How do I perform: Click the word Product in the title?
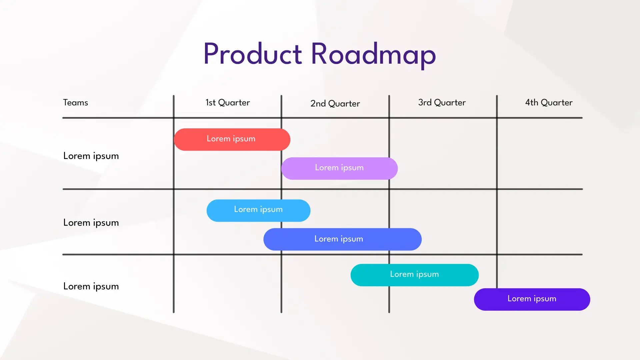[252, 54]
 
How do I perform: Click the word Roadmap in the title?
[373, 54]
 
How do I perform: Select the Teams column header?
[76, 103]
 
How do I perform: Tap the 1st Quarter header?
[228, 103]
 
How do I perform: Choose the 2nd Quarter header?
[335, 104]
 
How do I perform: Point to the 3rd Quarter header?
[442, 103]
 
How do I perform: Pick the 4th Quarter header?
[549, 103]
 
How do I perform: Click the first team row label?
[91, 156]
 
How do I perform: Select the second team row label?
[91, 223]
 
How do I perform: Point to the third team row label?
[91, 286]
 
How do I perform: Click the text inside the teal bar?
[414, 274]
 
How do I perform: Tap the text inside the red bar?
[231, 139]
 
